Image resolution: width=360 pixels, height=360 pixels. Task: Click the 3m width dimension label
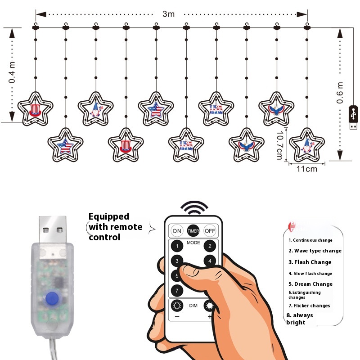[x=168, y=14]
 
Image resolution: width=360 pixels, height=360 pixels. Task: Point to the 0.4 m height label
[x=12, y=72]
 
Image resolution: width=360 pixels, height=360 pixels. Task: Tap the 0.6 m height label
[x=341, y=92]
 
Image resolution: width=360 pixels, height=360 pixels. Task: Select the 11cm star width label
[x=307, y=169]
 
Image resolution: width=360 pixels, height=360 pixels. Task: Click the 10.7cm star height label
[x=279, y=144]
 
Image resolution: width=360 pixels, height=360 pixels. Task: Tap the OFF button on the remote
[x=210, y=231]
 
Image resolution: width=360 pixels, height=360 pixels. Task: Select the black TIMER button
[x=193, y=231]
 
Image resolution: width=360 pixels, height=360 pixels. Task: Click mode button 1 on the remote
[x=177, y=246]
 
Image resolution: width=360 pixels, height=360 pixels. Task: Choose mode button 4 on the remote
[x=209, y=261]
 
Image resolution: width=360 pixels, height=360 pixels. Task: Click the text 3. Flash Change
[x=310, y=262]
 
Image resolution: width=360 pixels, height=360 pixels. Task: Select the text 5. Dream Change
[x=310, y=284]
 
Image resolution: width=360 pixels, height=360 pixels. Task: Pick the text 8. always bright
[x=300, y=319]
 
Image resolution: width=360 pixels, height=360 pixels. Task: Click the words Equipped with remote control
[x=115, y=226]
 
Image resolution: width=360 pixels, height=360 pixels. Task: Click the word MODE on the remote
[x=193, y=243]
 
